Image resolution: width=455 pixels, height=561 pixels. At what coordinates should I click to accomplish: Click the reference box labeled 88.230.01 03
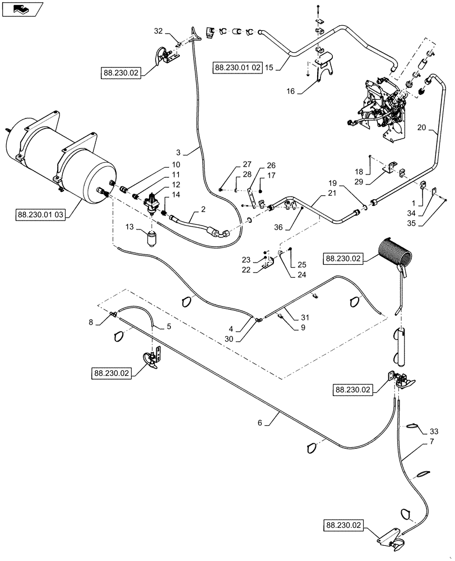coord(41,214)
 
